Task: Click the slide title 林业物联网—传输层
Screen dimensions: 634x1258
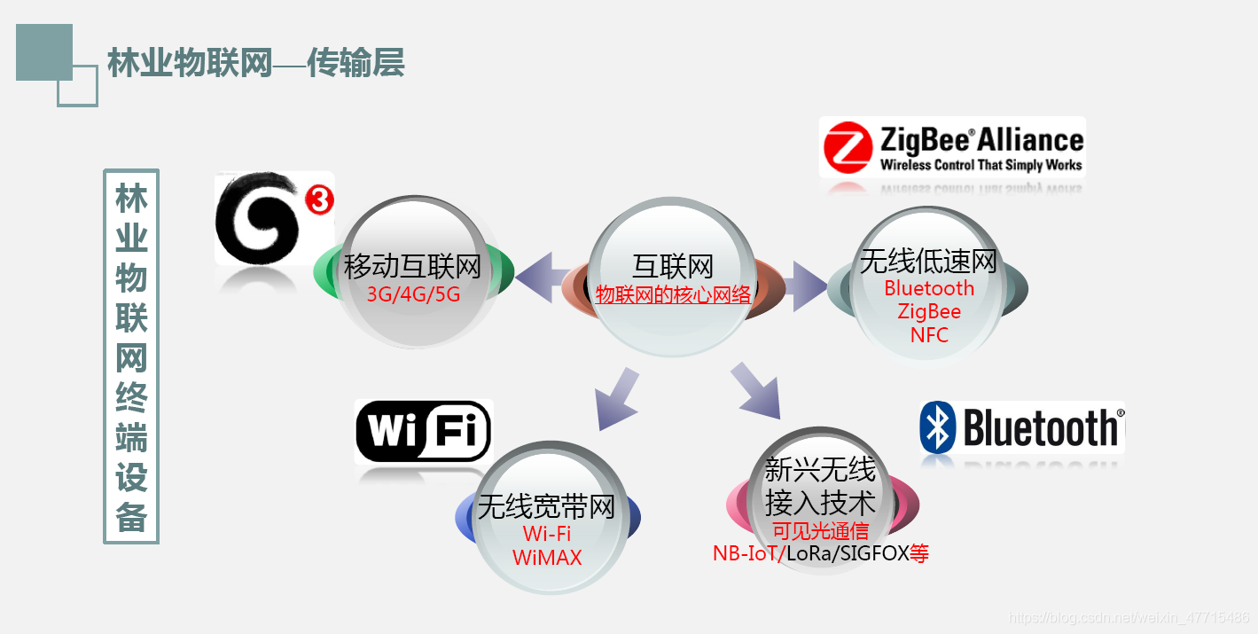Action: pos(255,63)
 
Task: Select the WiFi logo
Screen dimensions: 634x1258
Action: pos(423,432)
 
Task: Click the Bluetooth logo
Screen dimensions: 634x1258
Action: pos(1022,427)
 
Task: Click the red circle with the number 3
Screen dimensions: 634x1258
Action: pos(319,200)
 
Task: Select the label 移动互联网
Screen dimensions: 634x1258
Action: pos(413,265)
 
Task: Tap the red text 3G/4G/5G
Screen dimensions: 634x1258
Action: pos(413,294)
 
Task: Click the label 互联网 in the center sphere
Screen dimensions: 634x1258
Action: pos(673,266)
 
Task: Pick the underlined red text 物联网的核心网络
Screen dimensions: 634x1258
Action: pos(673,295)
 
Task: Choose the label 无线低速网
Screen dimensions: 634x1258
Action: pos(928,261)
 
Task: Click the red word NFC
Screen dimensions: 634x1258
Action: pos(928,335)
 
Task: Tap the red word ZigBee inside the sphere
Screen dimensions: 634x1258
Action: pos(928,312)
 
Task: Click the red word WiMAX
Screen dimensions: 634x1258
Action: pos(546,558)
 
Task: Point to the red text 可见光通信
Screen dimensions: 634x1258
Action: pos(820,531)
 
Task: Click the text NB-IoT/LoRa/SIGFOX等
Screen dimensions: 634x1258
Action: pos(820,554)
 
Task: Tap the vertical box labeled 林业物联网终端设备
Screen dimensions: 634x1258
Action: pos(131,356)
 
